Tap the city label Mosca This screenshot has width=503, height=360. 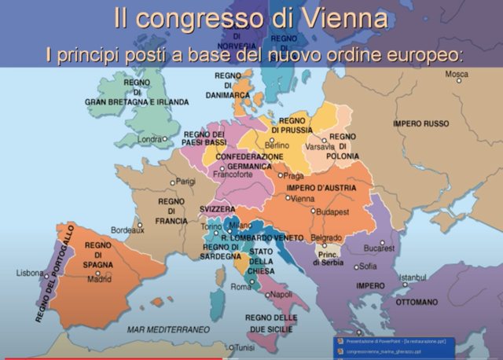point(457,74)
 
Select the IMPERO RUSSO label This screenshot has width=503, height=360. point(420,124)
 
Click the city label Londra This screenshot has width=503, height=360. point(149,139)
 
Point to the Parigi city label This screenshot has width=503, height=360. point(185,181)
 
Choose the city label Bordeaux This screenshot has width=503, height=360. point(127,230)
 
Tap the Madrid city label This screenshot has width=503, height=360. point(99,279)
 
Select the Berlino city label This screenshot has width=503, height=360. point(277,145)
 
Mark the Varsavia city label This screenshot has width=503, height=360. point(319,146)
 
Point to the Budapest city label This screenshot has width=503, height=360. point(332,211)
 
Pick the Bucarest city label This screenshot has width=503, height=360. point(378,248)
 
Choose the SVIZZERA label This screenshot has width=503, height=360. point(216,210)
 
